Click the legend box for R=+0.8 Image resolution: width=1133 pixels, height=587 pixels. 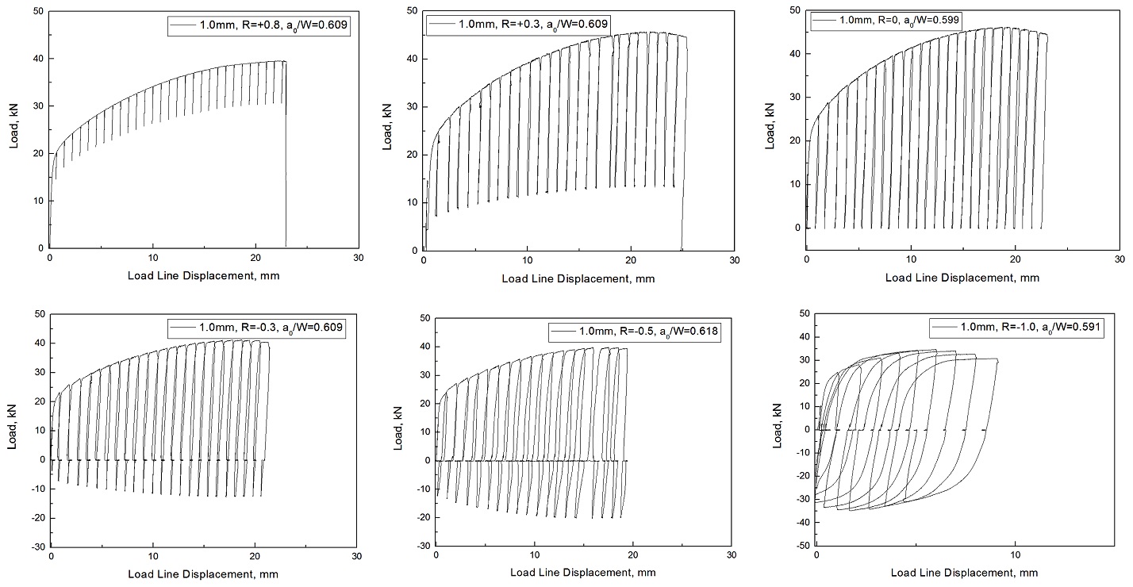point(258,26)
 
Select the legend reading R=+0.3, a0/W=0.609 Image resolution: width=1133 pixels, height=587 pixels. point(518,25)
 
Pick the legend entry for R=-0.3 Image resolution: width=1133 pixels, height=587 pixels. point(255,327)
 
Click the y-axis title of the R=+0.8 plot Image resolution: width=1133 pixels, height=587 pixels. point(13,129)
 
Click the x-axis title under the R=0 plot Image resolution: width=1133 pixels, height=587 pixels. point(962,278)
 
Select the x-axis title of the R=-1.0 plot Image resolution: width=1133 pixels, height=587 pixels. point(964,572)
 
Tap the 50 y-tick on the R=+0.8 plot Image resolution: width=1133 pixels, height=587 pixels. point(37,10)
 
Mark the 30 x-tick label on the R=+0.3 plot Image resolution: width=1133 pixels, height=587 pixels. point(734,260)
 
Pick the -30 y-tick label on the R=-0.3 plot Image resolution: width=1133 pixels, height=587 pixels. point(35,547)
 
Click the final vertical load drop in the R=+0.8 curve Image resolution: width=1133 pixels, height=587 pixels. point(286,159)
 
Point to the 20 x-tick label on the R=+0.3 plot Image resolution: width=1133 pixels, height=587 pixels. point(630,260)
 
